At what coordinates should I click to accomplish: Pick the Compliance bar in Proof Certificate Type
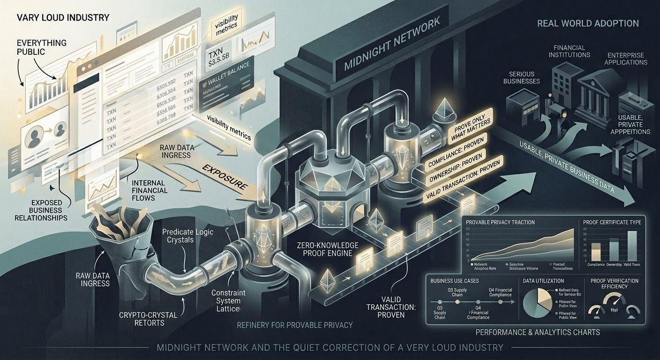pos(596,251)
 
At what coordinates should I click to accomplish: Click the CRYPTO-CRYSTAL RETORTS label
pos(154,319)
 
